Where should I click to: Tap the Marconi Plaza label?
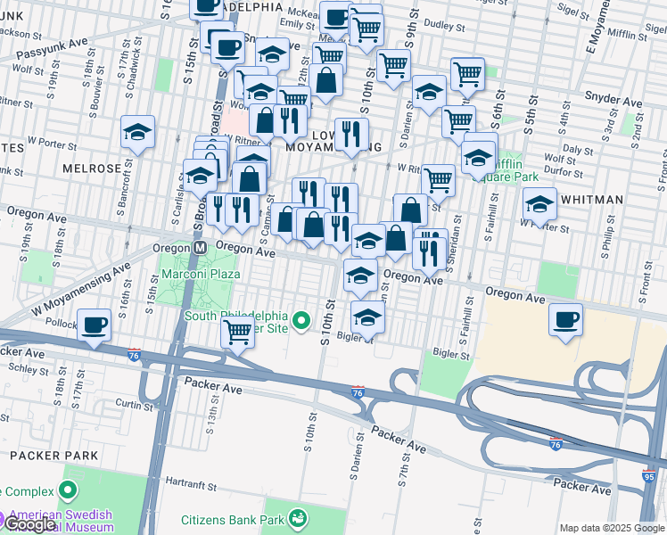click(199, 274)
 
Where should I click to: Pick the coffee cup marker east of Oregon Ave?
click(564, 320)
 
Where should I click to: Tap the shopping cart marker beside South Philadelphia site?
click(237, 332)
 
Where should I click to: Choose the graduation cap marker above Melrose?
click(138, 132)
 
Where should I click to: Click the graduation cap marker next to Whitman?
click(540, 204)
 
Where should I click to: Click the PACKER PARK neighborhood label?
click(43, 455)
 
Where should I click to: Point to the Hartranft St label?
click(194, 484)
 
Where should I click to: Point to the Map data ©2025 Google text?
click(611, 528)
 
